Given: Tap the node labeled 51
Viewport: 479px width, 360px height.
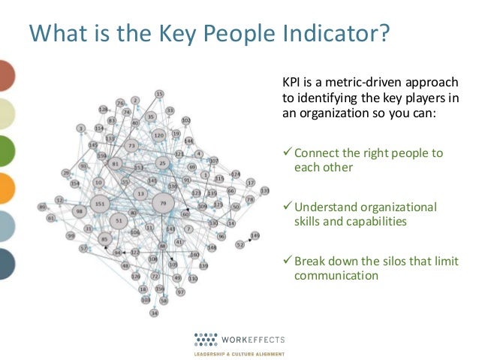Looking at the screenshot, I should [x=119, y=220].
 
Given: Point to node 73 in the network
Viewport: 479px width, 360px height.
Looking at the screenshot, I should [x=132, y=146].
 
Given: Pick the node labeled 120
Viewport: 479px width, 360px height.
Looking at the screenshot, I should [x=158, y=135].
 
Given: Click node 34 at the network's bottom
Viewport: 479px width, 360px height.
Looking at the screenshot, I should [x=155, y=312].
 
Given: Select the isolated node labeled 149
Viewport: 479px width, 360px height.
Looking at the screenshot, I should [x=255, y=235].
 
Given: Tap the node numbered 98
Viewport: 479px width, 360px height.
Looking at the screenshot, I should [x=79, y=212].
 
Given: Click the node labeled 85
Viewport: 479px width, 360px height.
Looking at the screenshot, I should [x=104, y=240].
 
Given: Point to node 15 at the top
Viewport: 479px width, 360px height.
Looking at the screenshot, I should [x=159, y=94].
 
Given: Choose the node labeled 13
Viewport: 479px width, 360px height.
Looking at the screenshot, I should [x=140, y=194].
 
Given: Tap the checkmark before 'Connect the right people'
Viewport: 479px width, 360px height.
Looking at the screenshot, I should [x=287, y=153].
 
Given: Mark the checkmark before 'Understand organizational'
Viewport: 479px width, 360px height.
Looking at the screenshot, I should [x=287, y=207].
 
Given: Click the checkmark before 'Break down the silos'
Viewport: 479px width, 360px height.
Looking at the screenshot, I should [x=287, y=261].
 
